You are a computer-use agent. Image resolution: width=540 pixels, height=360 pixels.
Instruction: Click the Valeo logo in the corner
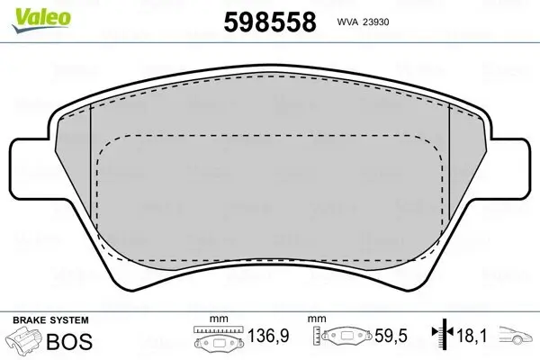(30, 10)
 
